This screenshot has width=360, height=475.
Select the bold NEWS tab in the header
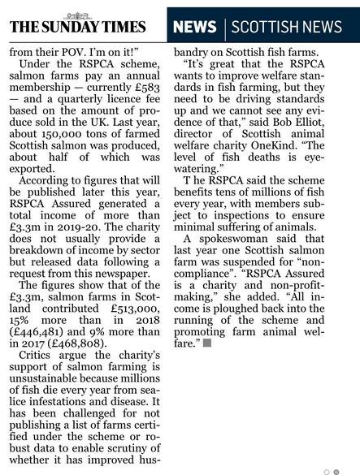tap(194, 27)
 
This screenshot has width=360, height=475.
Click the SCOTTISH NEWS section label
tap(287, 27)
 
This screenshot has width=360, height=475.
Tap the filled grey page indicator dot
tap(336, 471)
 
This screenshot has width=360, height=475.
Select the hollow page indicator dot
tap(327, 471)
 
